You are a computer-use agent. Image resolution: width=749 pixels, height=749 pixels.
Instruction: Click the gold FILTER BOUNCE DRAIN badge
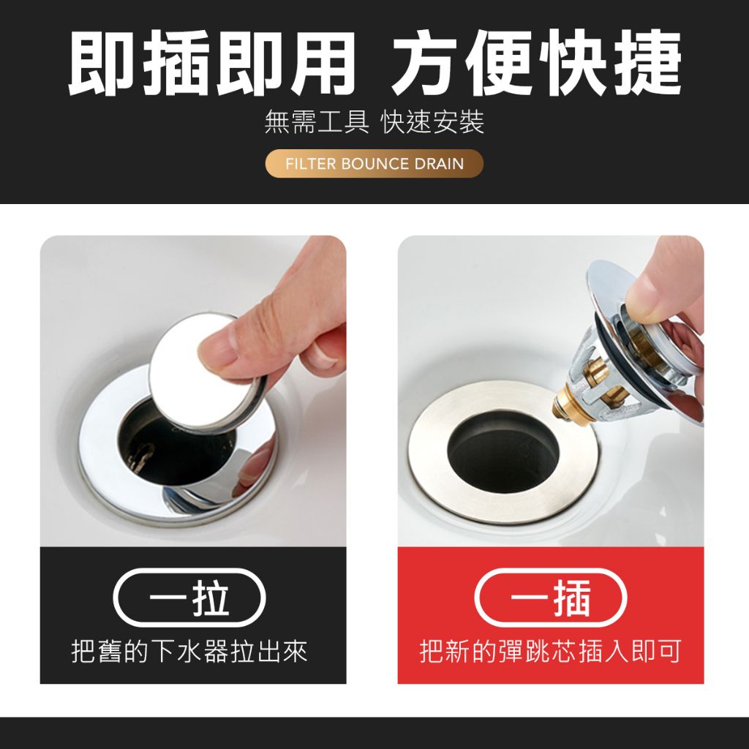pos(374,163)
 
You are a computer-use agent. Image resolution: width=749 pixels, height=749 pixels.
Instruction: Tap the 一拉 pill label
pos(189,598)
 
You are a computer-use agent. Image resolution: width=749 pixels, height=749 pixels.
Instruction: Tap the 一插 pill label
pos(550,598)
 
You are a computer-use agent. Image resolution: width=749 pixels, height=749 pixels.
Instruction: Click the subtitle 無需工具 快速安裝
pos(374,122)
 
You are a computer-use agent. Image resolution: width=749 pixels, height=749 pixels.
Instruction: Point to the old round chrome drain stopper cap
pos(207,372)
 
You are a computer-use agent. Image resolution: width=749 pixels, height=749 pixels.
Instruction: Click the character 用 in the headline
pos(323,63)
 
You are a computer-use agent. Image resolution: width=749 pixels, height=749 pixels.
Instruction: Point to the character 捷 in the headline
pos(648,63)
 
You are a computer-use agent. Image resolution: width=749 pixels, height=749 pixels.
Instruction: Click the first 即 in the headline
pos(101,63)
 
